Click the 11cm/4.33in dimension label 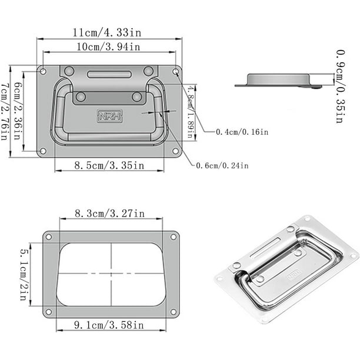tap(107, 32)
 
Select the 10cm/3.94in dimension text tap(108, 47)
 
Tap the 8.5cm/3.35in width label tap(109, 165)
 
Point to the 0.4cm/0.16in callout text tap(242, 132)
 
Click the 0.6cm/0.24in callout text tap(222, 165)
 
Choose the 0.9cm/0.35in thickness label tap(341, 86)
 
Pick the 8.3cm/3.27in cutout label tap(110, 214)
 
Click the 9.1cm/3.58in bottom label tap(109, 325)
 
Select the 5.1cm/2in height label tap(24, 274)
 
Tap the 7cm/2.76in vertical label tap(5, 112)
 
